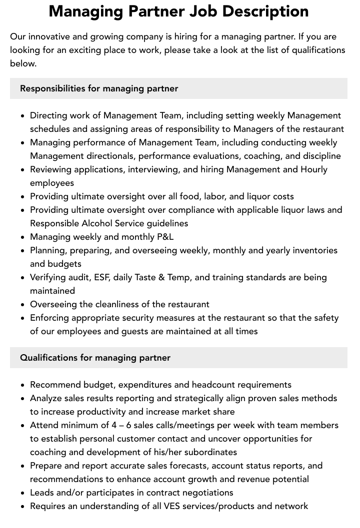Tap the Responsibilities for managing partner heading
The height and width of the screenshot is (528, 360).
[x=99, y=88]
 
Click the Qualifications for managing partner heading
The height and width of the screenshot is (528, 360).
[x=95, y=358]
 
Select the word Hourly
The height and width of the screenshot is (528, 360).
[x=314, y=169]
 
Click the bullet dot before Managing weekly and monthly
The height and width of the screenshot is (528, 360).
[x=23, y=237]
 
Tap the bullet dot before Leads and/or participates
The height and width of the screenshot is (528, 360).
[x=23, y=493]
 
